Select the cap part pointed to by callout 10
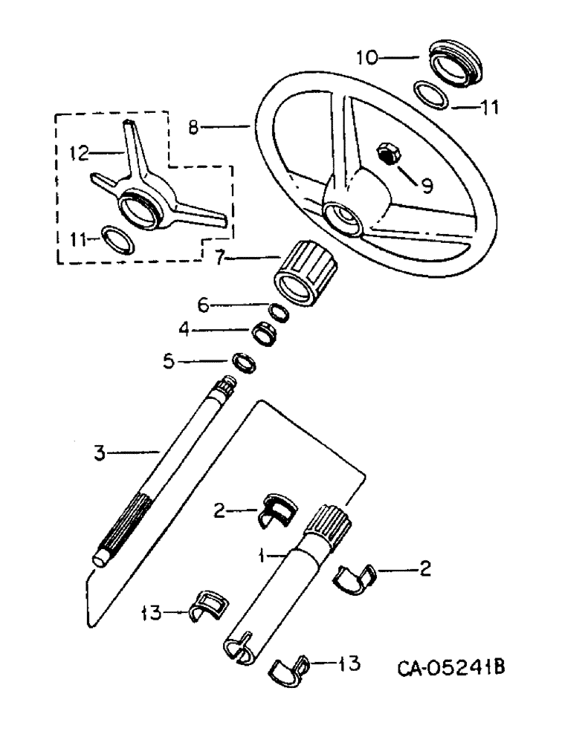[454, 62]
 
